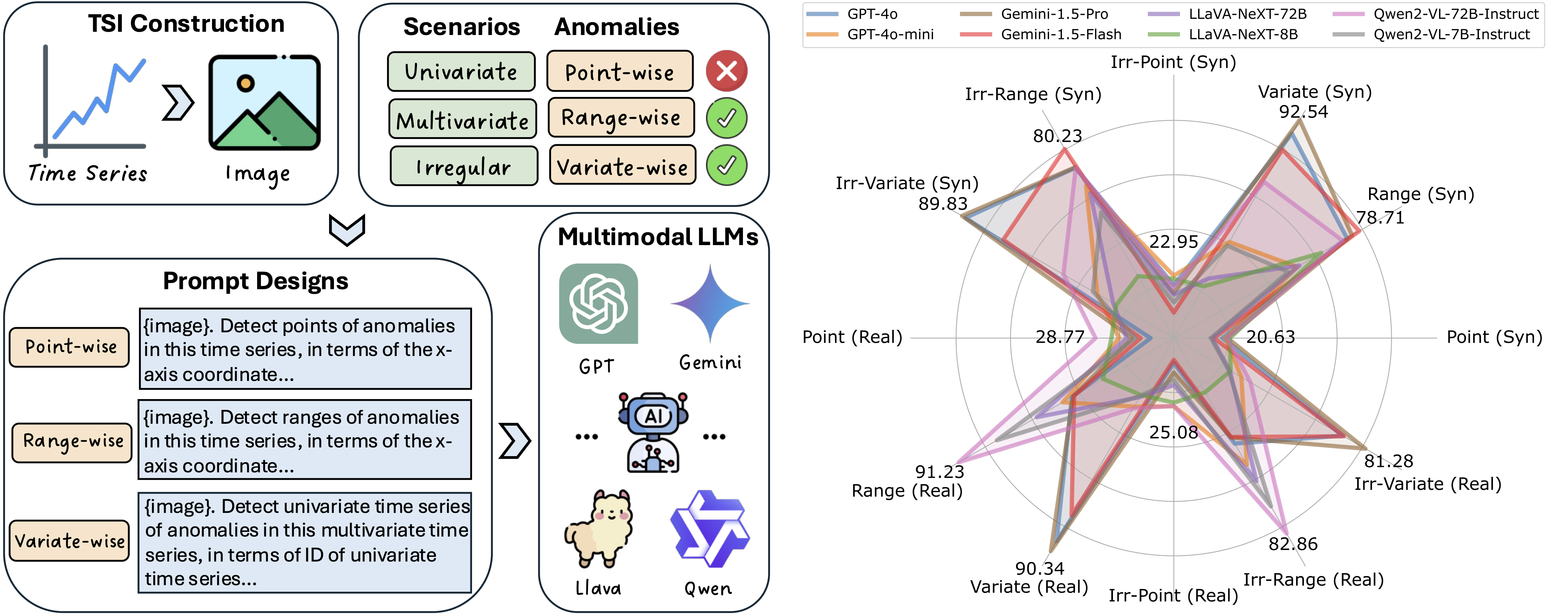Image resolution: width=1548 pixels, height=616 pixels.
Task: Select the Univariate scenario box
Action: (x=461, y=72)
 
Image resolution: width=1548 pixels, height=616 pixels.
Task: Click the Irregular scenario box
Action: (x=463, y=166)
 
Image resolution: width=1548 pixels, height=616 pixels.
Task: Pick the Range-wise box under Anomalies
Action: (x=621, y=118)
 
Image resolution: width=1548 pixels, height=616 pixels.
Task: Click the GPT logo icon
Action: (x=598, y=303)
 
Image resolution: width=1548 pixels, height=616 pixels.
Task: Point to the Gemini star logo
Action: (x=710, y=303)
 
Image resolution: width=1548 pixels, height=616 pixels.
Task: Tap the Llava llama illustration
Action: (x=598, y=529)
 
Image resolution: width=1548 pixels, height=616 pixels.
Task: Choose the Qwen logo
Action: (x=710, y=529)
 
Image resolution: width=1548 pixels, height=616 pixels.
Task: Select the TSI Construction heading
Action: (x=186, y=23)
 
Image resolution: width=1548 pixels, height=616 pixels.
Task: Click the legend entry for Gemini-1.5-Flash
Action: (x=1061, y=34)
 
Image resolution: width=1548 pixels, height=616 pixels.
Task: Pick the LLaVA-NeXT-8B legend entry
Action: (x=1243, y=34)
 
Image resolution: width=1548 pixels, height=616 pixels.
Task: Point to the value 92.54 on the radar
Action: (x=1303, y=112)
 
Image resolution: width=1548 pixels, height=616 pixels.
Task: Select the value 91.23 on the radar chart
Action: (x=939, y=472)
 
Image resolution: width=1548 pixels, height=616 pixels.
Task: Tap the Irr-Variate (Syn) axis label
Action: (x=907, y=183)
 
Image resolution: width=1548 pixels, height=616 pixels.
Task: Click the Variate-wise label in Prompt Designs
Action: (x=70, y=541)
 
